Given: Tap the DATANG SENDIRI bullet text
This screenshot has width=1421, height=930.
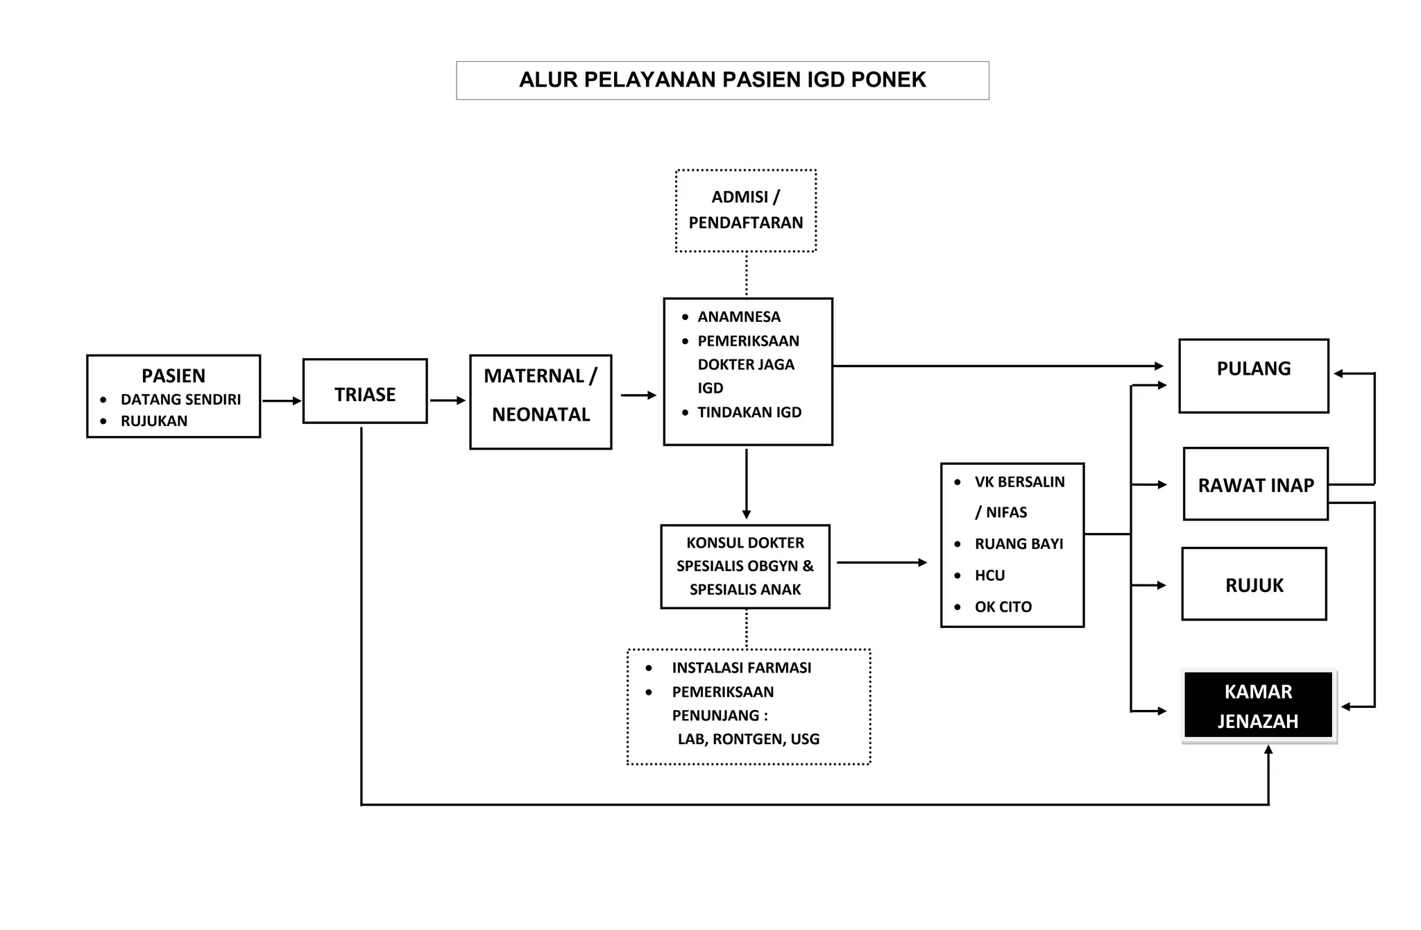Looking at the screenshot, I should coord(180,400).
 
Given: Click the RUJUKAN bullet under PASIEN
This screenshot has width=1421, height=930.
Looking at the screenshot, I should coord(154,421).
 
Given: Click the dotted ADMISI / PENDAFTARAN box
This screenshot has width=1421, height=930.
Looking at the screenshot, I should coord(746,210).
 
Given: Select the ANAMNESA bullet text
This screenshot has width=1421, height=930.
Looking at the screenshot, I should coord(739,317).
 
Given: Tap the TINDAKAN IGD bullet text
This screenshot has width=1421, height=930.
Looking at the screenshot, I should coord(749,412).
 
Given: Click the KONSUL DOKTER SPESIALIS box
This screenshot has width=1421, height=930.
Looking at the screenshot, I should coord(745,566).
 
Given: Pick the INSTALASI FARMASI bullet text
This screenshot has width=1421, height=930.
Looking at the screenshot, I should coord(741,668).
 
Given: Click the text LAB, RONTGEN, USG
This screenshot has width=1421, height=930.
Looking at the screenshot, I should coord(749,739).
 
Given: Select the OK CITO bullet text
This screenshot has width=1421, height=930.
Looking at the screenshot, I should coord(1003,607).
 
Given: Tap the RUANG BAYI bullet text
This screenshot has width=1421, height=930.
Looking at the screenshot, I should coord(1019,544).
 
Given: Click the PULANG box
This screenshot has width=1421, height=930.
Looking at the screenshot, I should coord(1254,375).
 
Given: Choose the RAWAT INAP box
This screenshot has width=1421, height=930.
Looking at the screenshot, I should coord(1256,484).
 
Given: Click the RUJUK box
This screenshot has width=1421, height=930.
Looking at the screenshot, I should coord(1254,584).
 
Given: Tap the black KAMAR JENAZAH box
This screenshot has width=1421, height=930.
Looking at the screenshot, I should coord(1258,706).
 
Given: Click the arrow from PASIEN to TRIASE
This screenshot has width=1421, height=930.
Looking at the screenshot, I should coord(282,400).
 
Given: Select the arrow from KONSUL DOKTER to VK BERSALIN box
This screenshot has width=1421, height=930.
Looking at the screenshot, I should coord(881,562).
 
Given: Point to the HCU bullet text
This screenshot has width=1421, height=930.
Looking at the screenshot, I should coord(989,575).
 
